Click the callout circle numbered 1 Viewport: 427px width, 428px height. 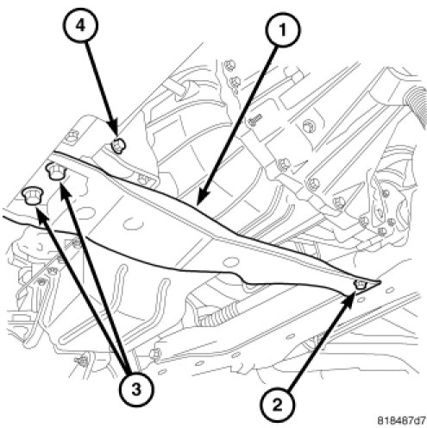(283, 29)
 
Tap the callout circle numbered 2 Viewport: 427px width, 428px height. (277, 406)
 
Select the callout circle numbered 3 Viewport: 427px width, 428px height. (136, 390)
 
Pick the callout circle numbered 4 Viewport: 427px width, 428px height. (80, 25)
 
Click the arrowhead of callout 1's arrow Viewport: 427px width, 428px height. (200, 199)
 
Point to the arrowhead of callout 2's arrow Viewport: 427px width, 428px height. (351, 299)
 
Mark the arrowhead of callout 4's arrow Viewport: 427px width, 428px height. (116, 131)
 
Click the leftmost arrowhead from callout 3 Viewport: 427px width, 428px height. (40, 214)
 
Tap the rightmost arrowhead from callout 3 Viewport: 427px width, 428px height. (64, 189)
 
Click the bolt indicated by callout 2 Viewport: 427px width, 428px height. (361, 285)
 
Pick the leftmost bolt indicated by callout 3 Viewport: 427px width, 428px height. (32, 195)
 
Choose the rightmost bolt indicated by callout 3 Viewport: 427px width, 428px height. (56, 171)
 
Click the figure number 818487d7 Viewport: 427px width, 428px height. (401, 420)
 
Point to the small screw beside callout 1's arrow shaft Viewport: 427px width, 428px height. (255, 119)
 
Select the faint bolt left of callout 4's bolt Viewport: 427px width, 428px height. (72, 135)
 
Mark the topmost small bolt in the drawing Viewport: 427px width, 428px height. (229, 66)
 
